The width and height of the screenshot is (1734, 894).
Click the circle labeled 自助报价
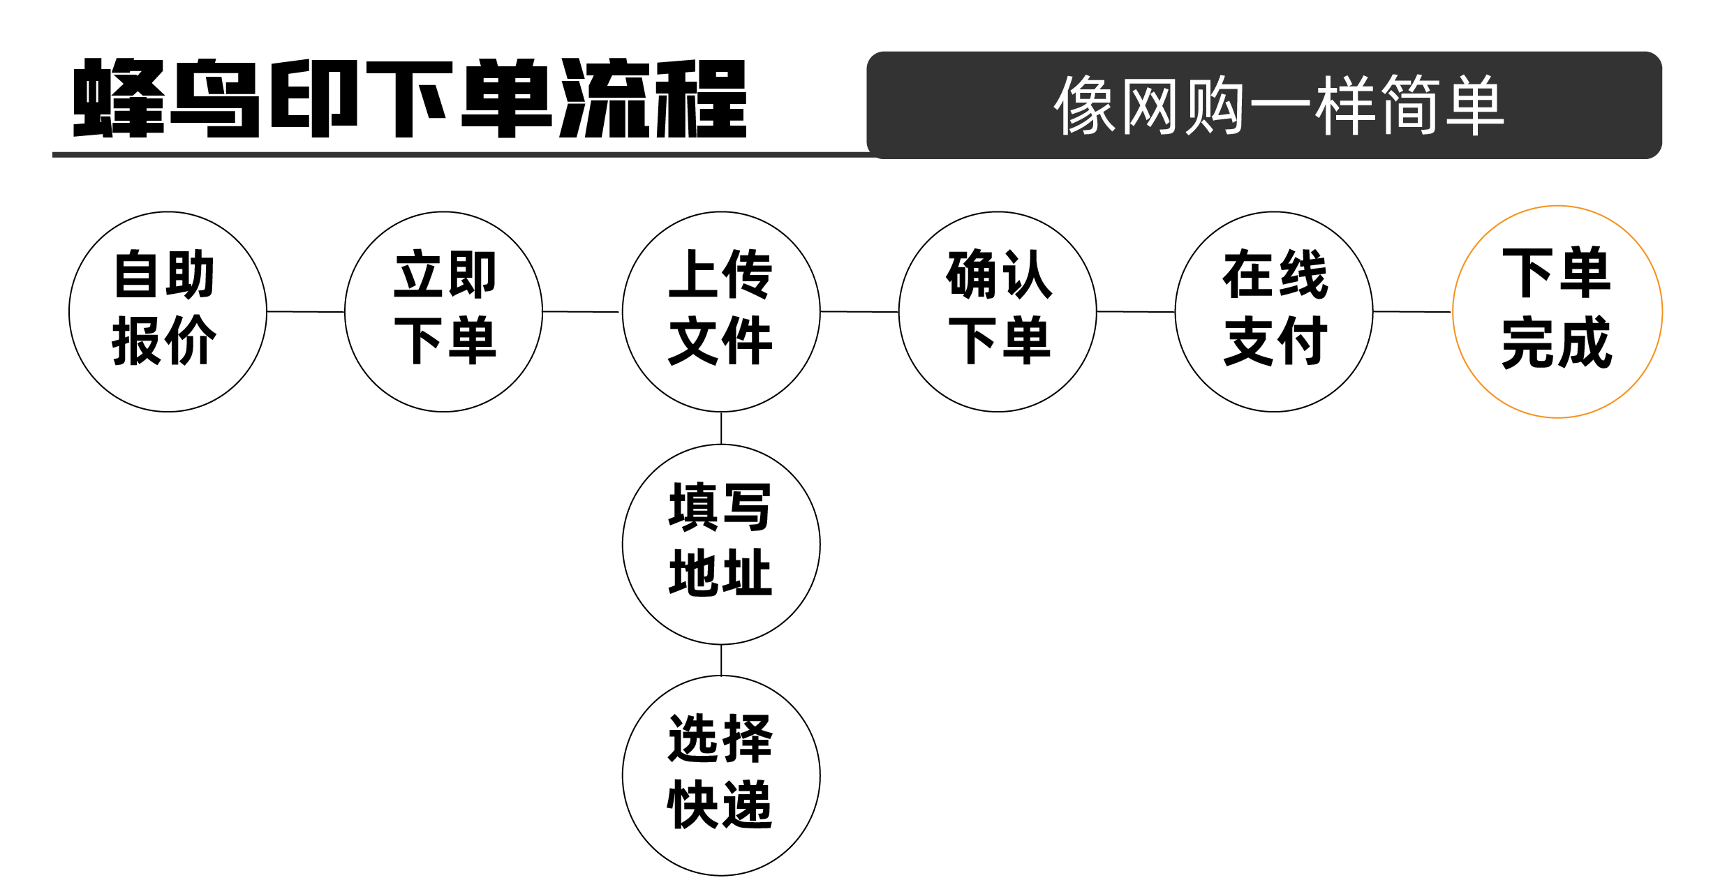coord(168,311)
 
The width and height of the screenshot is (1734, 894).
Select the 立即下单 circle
coord(443,311)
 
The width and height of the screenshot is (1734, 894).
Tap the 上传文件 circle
coord(720,311)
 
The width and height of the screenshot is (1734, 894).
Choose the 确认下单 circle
coord(998,311)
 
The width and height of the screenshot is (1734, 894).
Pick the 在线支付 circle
coord(1274,311)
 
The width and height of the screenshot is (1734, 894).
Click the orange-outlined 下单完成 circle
coord(1557,311)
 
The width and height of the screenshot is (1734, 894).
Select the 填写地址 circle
coord(720,544)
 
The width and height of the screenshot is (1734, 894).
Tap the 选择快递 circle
coord(720,775)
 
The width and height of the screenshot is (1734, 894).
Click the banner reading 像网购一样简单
coord(1264,105)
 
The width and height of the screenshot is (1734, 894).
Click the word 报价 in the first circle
coord(165,341)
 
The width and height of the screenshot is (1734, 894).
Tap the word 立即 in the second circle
coord(445,275)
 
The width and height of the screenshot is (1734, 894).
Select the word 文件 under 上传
coord(720,341)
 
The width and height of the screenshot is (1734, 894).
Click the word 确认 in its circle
coord(999,275)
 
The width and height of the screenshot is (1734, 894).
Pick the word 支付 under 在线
coord(1275,341)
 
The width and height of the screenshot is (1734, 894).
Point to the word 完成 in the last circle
coord(1557,343)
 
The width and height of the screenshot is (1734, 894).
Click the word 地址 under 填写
coord(720,573)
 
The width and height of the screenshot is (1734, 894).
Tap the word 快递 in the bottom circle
coord(720,804)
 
